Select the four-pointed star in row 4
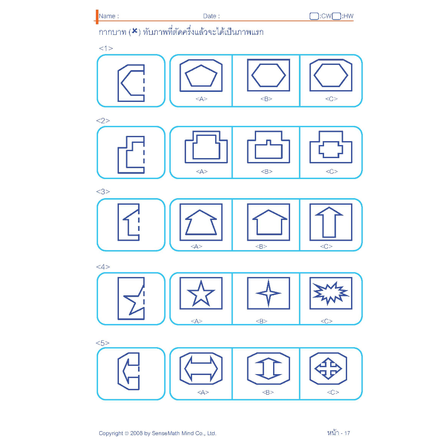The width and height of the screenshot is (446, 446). [x=268, y=293]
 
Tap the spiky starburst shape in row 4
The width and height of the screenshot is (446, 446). [x=330, y=294]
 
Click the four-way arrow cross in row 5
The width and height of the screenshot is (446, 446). [x=328, y=368]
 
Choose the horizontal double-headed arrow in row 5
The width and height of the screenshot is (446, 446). [x=201, y=369]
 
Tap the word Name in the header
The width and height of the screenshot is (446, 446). [x=107, y=16]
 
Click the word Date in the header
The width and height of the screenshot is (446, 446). [x=209, y=16]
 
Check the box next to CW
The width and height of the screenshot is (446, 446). [x=314, y=16]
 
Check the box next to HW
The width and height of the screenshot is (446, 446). [x=336, y=16]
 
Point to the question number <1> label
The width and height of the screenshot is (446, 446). [x=106, y=48]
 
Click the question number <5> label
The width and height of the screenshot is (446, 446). [x=102, y=343]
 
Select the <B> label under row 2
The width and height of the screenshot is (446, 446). [x=267, y=172]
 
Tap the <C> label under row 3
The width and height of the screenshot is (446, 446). [x=326, y=247]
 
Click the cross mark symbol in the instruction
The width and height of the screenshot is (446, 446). [x=135, y=31]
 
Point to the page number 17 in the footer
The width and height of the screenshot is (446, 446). [x=347, y=433]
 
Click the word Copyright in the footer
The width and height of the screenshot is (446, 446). [x=111, y=433]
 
